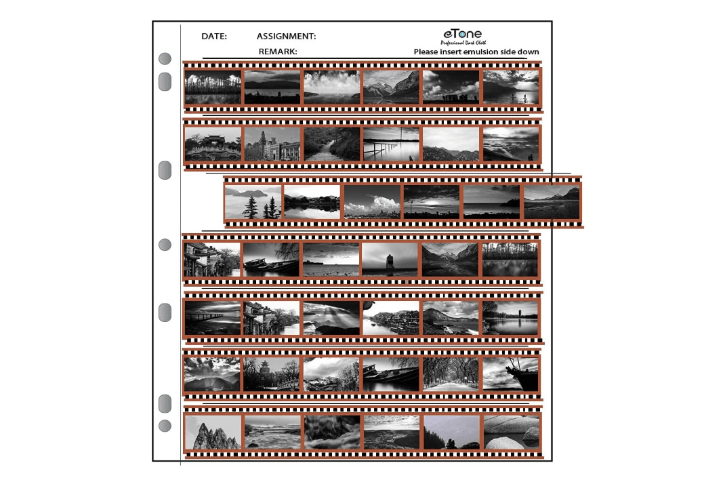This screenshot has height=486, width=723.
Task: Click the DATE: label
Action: coord(214,36)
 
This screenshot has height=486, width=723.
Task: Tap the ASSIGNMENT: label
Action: coord(287,36)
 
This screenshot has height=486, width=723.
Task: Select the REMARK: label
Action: coord(278,52)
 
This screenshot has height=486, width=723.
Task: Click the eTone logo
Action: coord(463,34)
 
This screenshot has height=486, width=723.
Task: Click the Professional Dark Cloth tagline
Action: coord(463,43)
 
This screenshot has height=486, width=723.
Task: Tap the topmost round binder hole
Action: coord(165,58)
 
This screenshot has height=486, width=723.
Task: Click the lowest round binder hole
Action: coord(165,426)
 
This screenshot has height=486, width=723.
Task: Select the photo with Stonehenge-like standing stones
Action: coord(451,87)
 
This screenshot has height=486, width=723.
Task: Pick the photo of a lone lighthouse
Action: coord(390,260)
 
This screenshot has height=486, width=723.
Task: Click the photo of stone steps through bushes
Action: coord(331,144)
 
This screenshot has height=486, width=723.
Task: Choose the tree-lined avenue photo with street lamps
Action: coord(451,374)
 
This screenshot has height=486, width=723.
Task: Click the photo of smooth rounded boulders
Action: coord(510,432)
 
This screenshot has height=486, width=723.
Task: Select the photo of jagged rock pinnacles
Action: coord(213,432)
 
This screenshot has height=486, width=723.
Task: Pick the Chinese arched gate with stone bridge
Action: coord(213,144)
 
